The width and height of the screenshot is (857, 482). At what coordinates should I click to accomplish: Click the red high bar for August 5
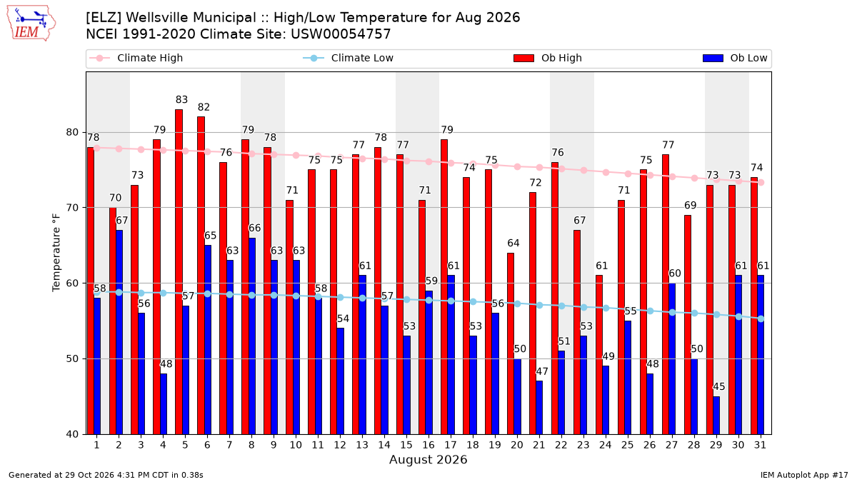coord(179,272)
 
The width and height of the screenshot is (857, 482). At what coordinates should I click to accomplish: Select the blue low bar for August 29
coord(716,416)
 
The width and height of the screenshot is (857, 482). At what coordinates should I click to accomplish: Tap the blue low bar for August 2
coord(119,333)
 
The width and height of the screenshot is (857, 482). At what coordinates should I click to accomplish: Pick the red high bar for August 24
coord(599,355)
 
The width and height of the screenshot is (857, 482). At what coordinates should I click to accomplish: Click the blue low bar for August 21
coord(539,408)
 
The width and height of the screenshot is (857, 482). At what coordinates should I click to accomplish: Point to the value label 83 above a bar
coord(181,99)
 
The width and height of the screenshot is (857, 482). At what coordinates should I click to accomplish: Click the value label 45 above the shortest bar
coord(719,386)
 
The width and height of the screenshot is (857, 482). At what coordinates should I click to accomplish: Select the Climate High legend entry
coord(136,58)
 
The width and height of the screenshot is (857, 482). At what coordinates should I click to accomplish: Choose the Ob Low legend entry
coord(735,58)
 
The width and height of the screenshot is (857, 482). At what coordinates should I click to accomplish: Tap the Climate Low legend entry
coord(349,58)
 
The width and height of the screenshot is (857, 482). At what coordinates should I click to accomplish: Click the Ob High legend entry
coord(548,58)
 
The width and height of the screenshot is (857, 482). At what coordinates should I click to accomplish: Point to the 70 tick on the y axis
coord(72,208)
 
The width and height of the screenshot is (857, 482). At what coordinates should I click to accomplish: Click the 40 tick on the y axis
coord(72,435)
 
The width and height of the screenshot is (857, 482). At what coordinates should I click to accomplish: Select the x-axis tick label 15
coord(406,445)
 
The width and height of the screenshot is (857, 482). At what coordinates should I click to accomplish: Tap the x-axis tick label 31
coord(760,445)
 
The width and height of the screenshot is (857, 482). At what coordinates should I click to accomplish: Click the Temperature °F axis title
coord(56,253)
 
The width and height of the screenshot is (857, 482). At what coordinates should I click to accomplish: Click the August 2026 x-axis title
coord(428,459)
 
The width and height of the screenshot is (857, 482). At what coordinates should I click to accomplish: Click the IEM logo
coord(31,24)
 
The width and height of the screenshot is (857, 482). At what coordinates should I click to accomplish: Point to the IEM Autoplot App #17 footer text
coord(804,475)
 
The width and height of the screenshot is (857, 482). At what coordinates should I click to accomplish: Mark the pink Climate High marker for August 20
coord(517,167)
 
